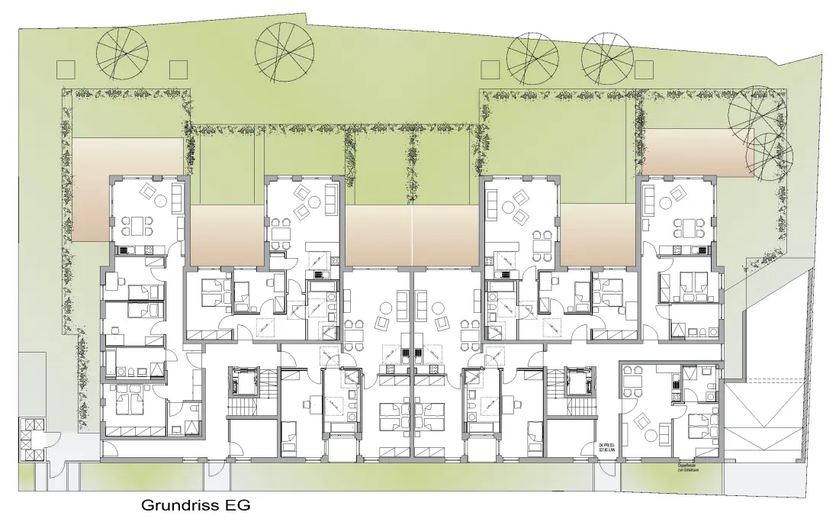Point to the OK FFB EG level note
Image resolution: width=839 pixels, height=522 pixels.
click(x=607, y=449)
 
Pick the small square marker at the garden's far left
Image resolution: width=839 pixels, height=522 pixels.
click(x=66, y=68)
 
